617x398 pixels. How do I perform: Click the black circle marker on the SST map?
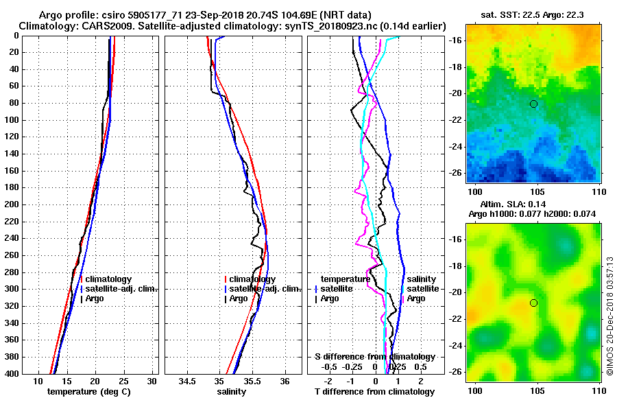533,104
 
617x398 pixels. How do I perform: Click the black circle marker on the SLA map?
533,303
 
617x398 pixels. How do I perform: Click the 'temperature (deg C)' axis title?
88,392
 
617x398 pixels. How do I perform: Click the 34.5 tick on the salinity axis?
187,381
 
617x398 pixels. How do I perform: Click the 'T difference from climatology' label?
374,392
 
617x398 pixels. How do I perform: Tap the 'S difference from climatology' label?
374,357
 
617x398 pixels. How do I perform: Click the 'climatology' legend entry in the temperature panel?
107,279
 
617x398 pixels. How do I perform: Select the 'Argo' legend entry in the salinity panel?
239,298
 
